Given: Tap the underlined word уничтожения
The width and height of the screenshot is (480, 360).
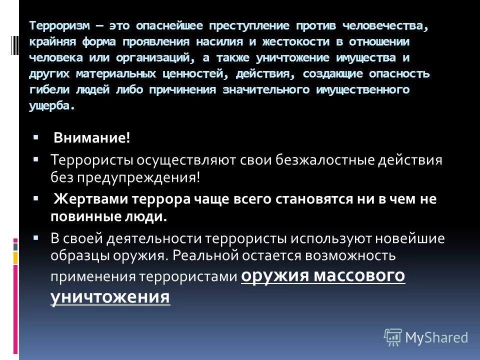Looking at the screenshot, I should coord(110,297).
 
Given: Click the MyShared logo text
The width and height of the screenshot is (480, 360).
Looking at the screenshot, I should coord(436,337).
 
